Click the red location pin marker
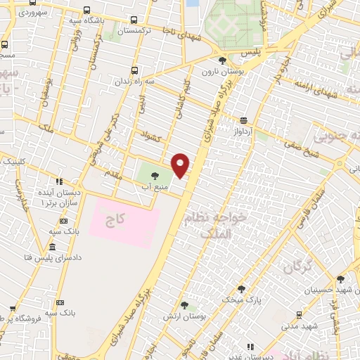coord(181,165)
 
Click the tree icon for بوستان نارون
coord(223,61)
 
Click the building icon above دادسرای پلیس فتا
coord(52,247)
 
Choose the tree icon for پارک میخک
coord(241,289)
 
